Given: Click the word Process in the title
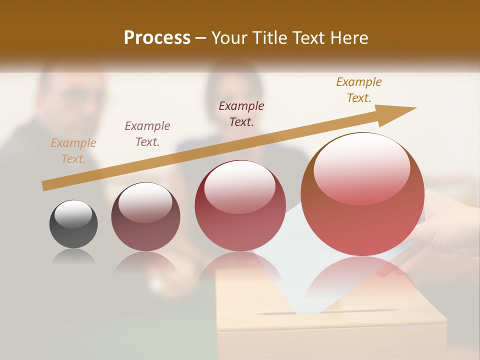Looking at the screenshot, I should pyautogui.click(x=157, y=37).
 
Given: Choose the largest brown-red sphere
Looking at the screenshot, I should pyautogui.click(x=362, y=195).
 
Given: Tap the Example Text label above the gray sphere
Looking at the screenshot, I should pyautogui.click(x=73, y=151).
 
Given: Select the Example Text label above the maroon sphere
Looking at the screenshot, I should pyautogui.click(x=147, y=134).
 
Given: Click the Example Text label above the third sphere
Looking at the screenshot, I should pyautogui.click(x=241, y=114).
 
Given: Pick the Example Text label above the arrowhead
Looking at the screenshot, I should pyautogui.click(x=359, y=90).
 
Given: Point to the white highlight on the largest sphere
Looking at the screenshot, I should pyautogui.click(x=361, y=165).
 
